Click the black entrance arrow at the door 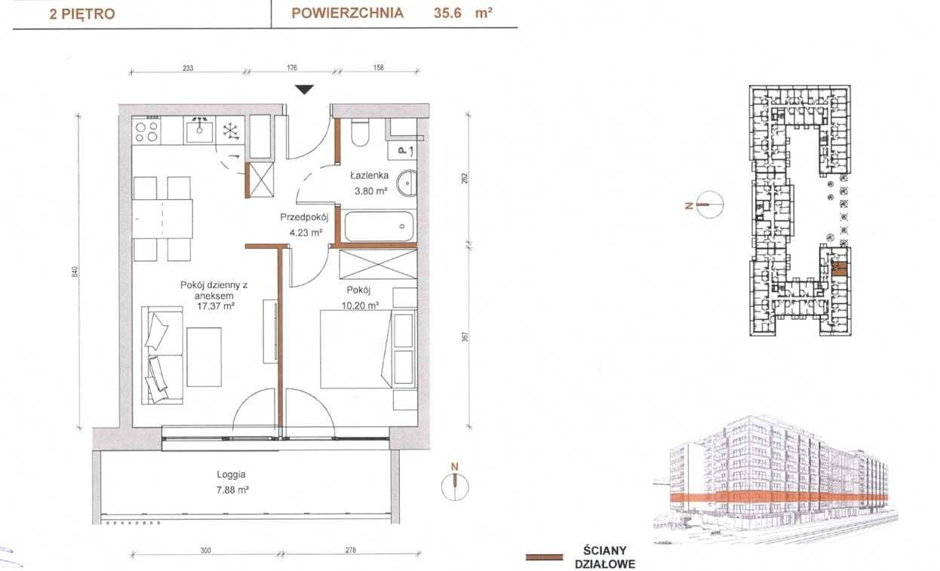pos(304,90)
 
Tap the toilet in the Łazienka pos(360,132)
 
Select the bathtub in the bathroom pos(379,226)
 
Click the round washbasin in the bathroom pos(407,183)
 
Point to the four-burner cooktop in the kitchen pos(146,131)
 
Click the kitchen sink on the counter pos(199,130)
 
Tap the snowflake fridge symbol pos(230,131)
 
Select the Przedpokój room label pos(304,217)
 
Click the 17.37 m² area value pos(216,306)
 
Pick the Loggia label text pos(231,474)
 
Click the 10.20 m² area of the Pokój pos(360,305)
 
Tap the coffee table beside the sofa pos(204,357)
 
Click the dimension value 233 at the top pos(188,68)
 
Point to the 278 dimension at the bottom pos(350,550)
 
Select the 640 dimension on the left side pos(75,272)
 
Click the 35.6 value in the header pos(447,14)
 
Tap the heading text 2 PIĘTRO pos(82,14)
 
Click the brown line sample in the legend pos(544,557)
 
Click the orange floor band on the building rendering pos(779,497)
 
